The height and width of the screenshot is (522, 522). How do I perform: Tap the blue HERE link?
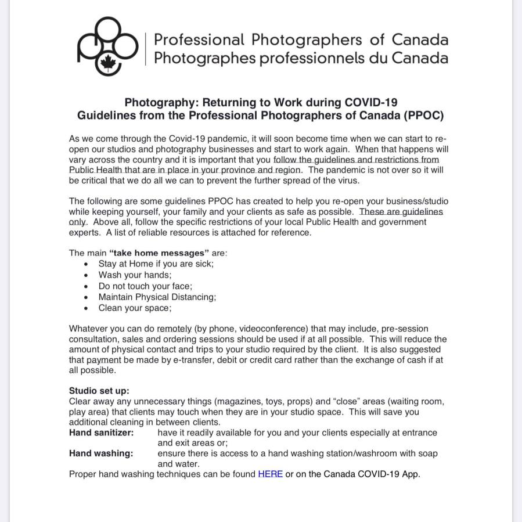[270, 474]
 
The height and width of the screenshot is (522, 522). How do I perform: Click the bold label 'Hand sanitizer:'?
[101, 433]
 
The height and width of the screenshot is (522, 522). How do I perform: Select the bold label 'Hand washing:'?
[101, 453]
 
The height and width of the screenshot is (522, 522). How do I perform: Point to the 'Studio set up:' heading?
[99, 391]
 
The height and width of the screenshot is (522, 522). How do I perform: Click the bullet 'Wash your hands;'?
[135, 275]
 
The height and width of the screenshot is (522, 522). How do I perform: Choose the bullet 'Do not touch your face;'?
[145, 286]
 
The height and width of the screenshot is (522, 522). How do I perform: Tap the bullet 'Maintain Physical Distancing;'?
[157, 297]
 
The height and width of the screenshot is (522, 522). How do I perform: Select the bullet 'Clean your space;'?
[135, 308]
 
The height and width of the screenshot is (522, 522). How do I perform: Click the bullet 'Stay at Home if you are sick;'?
[156, 264]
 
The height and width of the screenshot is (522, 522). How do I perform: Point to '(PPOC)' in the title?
[422, 116]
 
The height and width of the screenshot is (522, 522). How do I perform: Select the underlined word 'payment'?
[104, 360]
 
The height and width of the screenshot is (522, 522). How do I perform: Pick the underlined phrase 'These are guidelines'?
[401, 212]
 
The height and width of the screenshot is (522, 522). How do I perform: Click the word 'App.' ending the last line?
[411, 474]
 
